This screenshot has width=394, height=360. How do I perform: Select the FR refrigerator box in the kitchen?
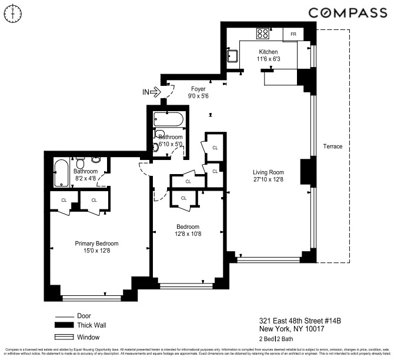coord(292,34)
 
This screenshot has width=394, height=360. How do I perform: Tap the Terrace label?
coord(332,146)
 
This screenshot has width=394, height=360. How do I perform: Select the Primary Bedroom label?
coord(96,244)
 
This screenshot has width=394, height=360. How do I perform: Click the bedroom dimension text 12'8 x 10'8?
coord(188,234)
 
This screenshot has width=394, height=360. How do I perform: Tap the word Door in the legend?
coord(84,315)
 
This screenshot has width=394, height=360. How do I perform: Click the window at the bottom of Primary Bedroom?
coord(92,298)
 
